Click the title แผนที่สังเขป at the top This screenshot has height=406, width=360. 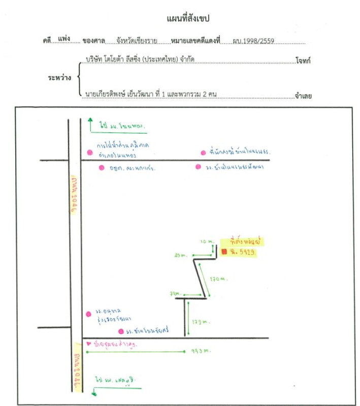pyautogui.click(x=188, y=19)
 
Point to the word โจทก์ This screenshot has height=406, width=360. pyautogui.click(x=303, y=61)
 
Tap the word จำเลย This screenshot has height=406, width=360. pyautogui.click(x=303, y=94)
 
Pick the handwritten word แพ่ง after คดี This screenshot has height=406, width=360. pyautogui.click(x=64, y=39)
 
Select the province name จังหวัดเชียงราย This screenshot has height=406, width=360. pyautogui.click(x=136, y=40)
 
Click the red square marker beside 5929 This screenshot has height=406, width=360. pyautogui.click(x=224, y=252)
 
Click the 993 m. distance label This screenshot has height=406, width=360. pyautogui.click(x=201, y=351)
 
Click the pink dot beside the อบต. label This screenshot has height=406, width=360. pyautogui.click(x=101, y=167)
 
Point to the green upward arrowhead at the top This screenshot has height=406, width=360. pyautogui.click(x=90, y=120)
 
